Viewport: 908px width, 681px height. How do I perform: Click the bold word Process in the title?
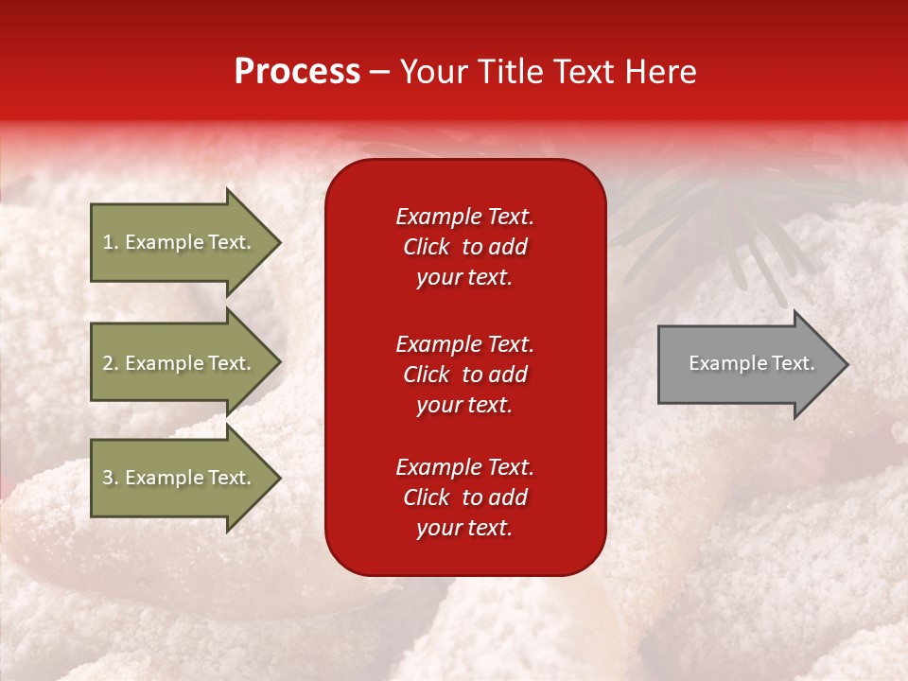click(297, 72)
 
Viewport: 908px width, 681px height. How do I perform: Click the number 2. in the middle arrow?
click(111, 363)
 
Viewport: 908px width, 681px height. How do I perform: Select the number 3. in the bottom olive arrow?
click(111, 478)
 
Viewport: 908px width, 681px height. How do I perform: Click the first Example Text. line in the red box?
click(464, 217)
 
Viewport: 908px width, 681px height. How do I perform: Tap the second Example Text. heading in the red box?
click(464, 344)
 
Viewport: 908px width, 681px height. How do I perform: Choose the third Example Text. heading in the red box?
click(464, 467)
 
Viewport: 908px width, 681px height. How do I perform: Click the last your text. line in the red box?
click(464, 528)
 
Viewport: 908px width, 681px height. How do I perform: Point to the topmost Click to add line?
click(464, 247)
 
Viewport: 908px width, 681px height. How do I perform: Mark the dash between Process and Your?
click(380, 73)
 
